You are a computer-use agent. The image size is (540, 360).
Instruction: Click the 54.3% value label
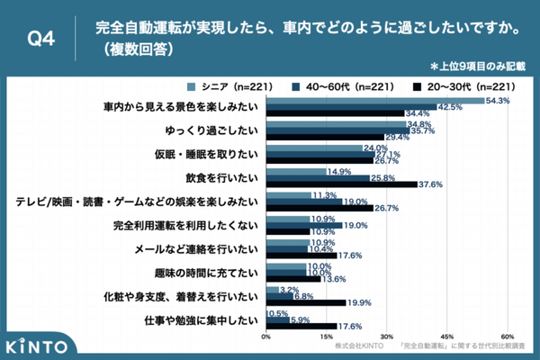(498, 100)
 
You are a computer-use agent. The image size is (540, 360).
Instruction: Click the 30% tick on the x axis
(387, 337)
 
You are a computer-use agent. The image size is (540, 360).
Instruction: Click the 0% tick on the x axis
(266, 337)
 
